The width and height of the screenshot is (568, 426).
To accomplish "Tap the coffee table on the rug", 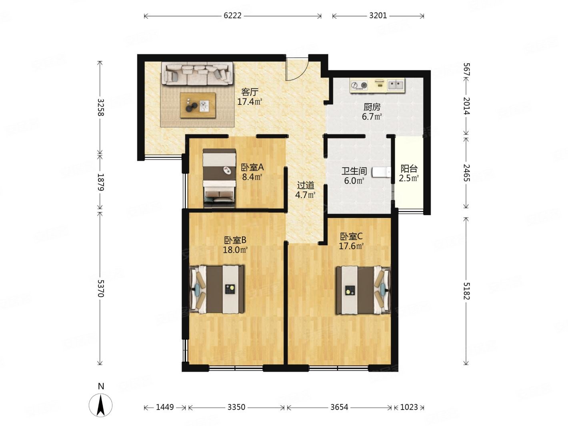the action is tap(198, 105).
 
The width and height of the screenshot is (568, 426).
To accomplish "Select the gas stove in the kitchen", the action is tap(359, 85).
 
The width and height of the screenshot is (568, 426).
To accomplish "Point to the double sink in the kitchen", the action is tap(396, 84).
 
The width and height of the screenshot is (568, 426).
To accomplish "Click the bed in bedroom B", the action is tap(217, 289).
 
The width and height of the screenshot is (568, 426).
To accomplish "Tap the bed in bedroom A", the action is tap(219, 178).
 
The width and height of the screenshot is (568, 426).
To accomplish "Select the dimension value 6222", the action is tap(232, 16).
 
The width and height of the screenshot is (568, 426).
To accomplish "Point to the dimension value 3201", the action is tap(378, 16).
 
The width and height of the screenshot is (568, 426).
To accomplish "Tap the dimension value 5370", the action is tap(100, 289).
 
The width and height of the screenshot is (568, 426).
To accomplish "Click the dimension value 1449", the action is tap(165, 407).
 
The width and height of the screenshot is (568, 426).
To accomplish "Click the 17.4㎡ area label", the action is tap(250, 102).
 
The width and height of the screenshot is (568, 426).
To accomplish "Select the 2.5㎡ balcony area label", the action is tap(409, 178).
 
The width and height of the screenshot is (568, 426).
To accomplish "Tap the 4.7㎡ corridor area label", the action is tap(305, 195).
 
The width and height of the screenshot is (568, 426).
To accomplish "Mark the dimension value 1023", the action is tap(409, 407).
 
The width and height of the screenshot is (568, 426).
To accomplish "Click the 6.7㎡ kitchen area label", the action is tap(372, 117).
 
